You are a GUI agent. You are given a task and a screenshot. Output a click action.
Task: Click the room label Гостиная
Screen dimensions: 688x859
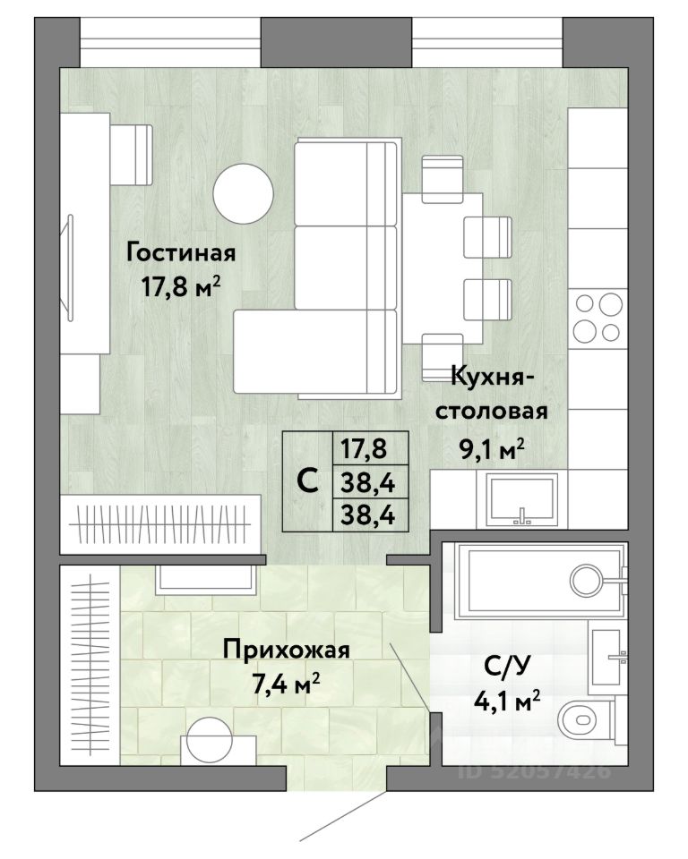[181, 253]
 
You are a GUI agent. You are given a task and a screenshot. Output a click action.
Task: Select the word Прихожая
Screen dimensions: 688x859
[286, 651]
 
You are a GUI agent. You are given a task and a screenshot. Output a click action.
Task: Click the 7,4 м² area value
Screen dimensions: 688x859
[286, 684]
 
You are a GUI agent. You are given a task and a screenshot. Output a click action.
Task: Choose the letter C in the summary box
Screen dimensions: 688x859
[307, 481]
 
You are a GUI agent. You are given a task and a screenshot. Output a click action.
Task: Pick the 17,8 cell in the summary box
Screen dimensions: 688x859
[364, 448]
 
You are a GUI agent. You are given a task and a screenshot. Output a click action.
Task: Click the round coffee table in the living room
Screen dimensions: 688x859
[243, 193]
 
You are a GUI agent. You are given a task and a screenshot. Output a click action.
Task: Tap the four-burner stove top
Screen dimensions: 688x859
[598, 317]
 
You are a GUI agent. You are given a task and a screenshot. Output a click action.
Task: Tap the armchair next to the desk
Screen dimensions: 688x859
[132, 155]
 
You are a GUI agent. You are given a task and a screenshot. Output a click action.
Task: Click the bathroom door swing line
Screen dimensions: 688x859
[408, 677]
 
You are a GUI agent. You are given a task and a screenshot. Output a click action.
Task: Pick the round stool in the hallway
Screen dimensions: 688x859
[210, 740]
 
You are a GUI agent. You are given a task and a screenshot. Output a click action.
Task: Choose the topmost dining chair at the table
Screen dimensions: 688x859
[443, 179]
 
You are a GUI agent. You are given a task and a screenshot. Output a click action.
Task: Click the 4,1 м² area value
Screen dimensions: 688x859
[508, 701]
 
